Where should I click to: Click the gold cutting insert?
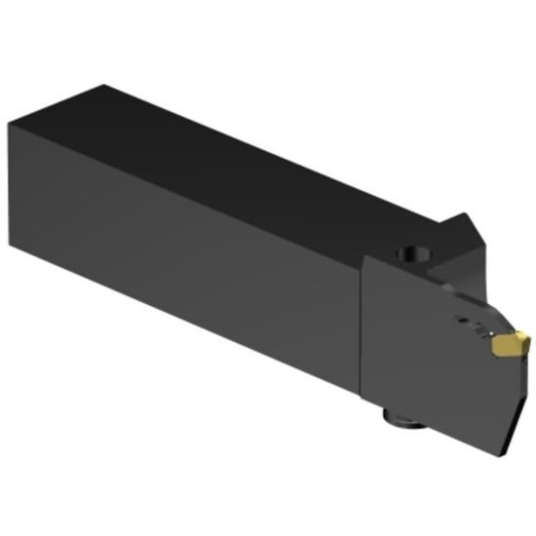(x=509, y=344)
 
